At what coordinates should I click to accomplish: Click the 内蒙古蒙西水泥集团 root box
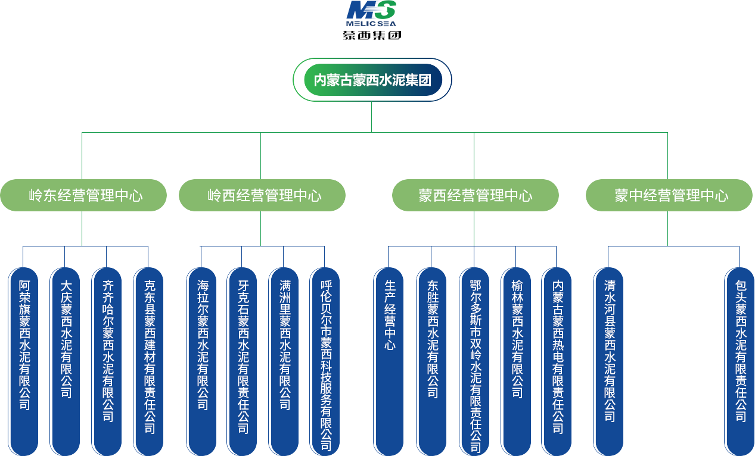372,80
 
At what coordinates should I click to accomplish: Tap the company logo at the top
372,20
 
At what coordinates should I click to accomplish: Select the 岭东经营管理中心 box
83,195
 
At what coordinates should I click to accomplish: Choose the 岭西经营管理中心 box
262,195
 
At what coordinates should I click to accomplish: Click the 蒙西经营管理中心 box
475,195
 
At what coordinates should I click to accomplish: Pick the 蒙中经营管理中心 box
669,195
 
